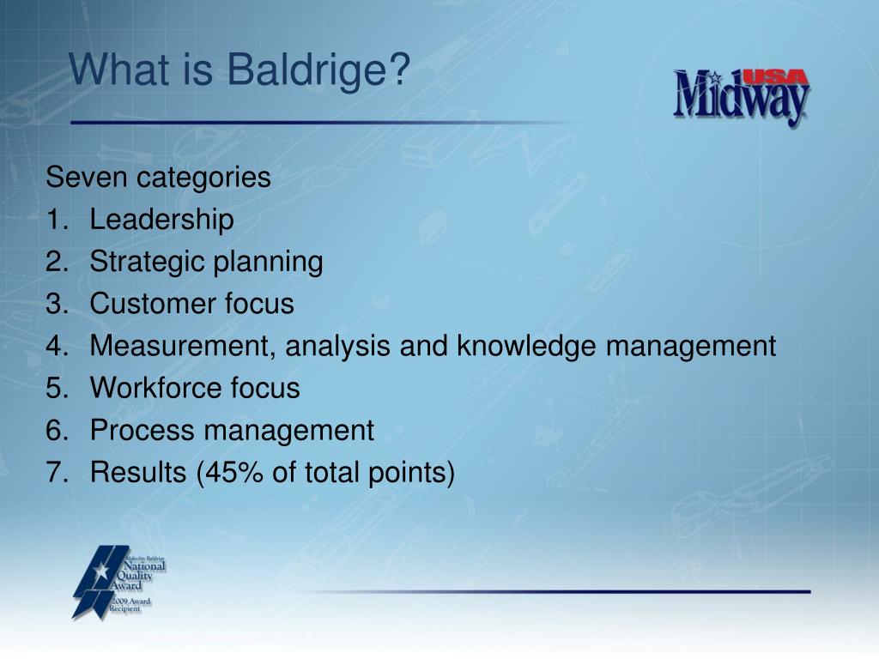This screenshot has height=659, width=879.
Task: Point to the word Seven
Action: (x=87, y=177)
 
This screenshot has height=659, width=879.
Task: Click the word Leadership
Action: (x=161, y=220)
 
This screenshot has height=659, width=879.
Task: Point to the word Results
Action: (x=138, y=473)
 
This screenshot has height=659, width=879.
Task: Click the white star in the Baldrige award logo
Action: (x=101, y=571)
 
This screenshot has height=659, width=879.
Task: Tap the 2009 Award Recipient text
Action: (x=130, y=605)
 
